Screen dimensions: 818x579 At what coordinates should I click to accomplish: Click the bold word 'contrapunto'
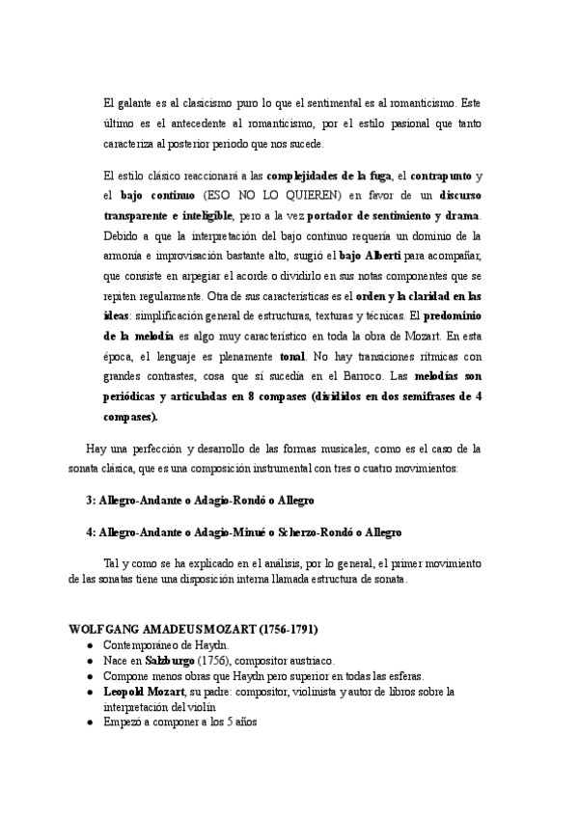point(440,175)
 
